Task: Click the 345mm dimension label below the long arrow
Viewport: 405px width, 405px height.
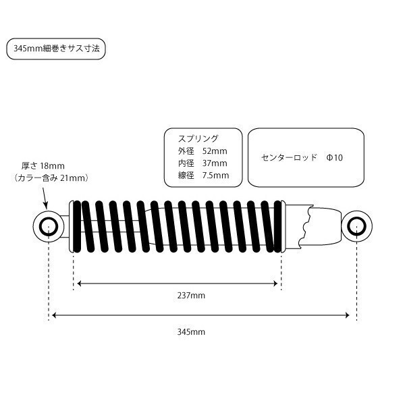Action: [x=191, y=331]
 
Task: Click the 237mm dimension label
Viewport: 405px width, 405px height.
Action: [x=191, y=295]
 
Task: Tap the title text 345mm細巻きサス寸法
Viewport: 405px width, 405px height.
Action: [x=56, y=49]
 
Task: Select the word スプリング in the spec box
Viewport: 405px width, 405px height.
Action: [x=198, y=138]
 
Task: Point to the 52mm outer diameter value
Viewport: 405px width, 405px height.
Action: [x=215, y=151]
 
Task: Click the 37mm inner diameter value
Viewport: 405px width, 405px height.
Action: [x=215, y=163]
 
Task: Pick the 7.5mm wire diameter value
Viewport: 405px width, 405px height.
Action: [x=215, y=175]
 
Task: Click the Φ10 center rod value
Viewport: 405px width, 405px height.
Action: [x=335, y=157]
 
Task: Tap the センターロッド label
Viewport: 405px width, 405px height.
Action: [x=289, y=157]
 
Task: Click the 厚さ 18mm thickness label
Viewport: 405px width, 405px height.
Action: [x=43, y=166]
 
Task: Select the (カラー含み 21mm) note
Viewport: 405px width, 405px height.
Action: [x=51, y=178]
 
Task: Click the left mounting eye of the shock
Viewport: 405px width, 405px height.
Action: [x=49, y=227]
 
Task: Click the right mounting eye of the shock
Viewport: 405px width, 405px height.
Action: [x=356, y=227]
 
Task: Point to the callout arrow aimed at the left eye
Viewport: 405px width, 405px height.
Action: [x=44, y=198]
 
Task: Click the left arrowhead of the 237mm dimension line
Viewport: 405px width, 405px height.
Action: [x=79, y=283]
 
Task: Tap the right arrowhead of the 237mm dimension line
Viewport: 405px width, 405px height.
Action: [x=275, y=283]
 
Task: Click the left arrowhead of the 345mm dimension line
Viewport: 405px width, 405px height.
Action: [x=54, y=315]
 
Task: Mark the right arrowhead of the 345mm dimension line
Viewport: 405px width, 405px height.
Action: [x=347, y=315]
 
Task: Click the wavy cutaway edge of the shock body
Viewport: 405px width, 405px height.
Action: [x=306, y=225]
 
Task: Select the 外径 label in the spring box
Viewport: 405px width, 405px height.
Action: [x=186, y=151]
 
